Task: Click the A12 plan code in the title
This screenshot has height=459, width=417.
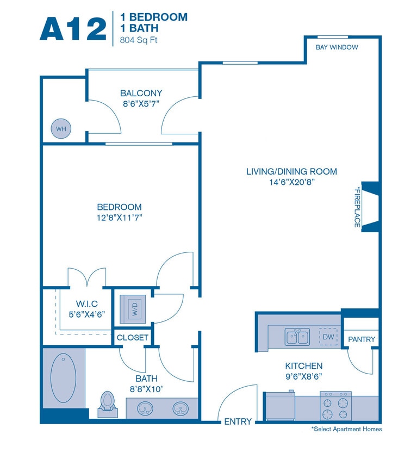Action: click(x=73, y=28)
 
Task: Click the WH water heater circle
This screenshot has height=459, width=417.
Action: click(x=61, y=129)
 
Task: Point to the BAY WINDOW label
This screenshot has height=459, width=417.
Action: click(x=337, y=47)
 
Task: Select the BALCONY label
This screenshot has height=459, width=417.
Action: click(x=141, y=93)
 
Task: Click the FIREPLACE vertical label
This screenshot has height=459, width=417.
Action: click(x=357, y=207)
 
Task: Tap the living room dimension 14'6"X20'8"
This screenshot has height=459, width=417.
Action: click(x=291, y=183)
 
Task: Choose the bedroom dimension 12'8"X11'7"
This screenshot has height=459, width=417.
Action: click(x=119, y=218)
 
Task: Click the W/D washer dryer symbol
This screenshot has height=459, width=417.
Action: click(x=133, y=309)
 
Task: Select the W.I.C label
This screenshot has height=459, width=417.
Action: click(x=86, y=303)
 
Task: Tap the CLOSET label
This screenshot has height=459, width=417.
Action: click(x=133, y=338)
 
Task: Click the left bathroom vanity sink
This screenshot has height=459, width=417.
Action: click(x=145, y=408)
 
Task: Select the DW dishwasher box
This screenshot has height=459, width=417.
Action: click(x=328, y=337)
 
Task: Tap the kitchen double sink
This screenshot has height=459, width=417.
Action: click(x=297, y=337)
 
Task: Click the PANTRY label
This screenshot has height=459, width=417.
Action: click(x=362, y=339)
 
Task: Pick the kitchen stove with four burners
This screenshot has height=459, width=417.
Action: click(x=335, y=406)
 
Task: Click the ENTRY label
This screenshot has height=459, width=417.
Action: click(x=238, y=421)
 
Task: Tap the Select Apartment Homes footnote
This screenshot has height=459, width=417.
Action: click(x=346, y=430)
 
